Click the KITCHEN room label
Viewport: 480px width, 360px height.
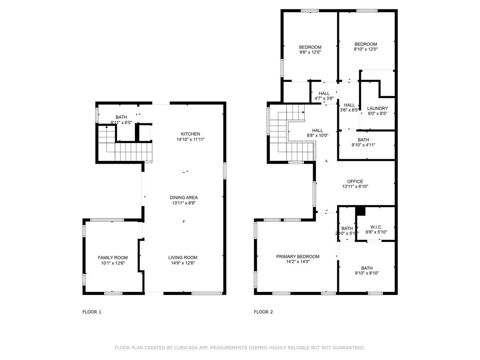coord(190,134)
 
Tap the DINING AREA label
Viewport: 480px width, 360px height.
coord(184,197)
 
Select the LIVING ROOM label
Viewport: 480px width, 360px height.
coord(183,257)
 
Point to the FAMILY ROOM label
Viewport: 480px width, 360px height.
coord(112,257)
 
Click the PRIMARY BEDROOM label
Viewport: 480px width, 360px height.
coord(298,256)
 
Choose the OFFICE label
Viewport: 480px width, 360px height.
coord(355,181)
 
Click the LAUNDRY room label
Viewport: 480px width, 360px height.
coord(377,108)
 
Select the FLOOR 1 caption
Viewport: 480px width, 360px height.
coord(91,312)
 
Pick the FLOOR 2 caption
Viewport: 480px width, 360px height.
coord(263,312)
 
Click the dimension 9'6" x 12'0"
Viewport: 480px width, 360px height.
coord(310,52)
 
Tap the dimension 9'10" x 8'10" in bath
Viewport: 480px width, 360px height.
coord(367,273)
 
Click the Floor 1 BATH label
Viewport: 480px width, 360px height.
coord(121,117)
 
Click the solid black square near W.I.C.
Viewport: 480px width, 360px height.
coord(360,211)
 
